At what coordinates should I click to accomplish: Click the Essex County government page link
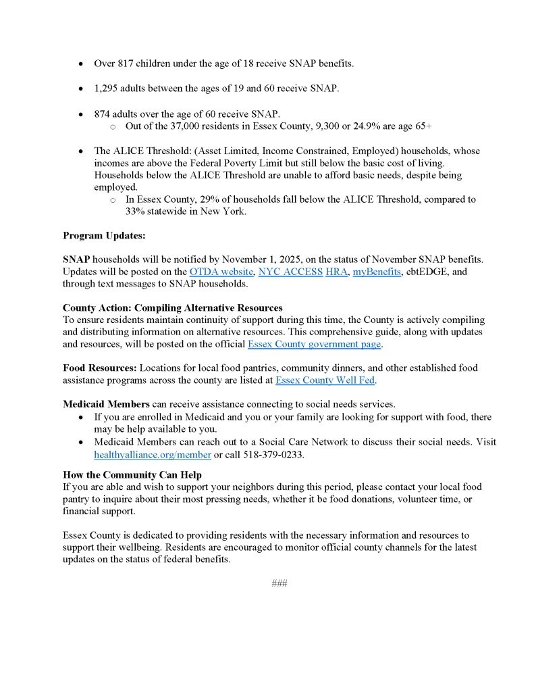pyautogui.click(x=315, y=345)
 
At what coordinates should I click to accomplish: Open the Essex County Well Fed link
pyautogui.click(x=325, y=380)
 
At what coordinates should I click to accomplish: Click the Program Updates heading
pyautogui.click(x=104, y=236)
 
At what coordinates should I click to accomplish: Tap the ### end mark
pyautogui.click(x=279, y=583)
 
